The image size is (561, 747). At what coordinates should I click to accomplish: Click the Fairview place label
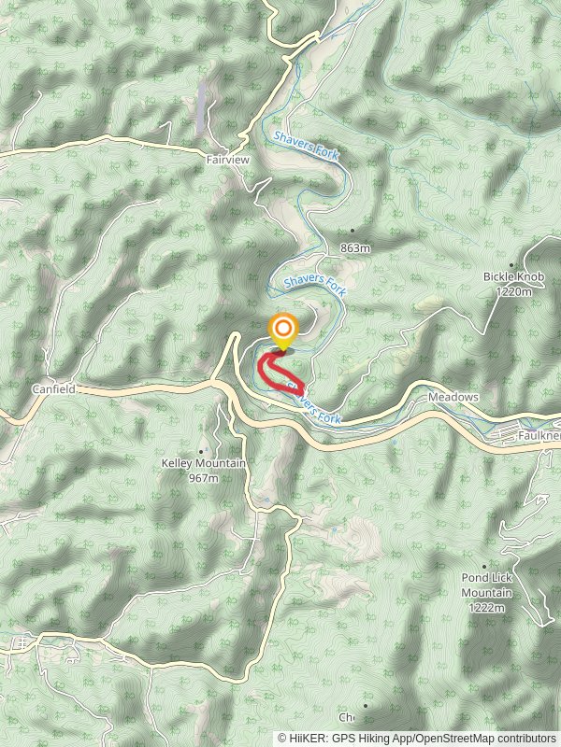(228, 161)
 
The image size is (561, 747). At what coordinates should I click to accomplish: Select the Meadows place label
(453, 397)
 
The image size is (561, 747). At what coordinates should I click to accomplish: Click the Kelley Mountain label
(203, 464)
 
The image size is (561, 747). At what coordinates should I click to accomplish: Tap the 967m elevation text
(203, 478)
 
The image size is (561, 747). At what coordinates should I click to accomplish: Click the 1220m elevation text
(514, 291)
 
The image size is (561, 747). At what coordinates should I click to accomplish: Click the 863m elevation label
(356, 248)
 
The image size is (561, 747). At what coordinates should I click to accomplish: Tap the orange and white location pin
(282, 331)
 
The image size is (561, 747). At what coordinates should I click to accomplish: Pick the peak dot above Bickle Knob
(511, 264)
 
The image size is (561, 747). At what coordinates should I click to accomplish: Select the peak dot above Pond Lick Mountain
(485, 566)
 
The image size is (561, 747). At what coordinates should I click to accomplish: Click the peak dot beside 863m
(352, 230)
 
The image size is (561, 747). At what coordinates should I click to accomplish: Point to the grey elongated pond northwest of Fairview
(202, 106)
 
